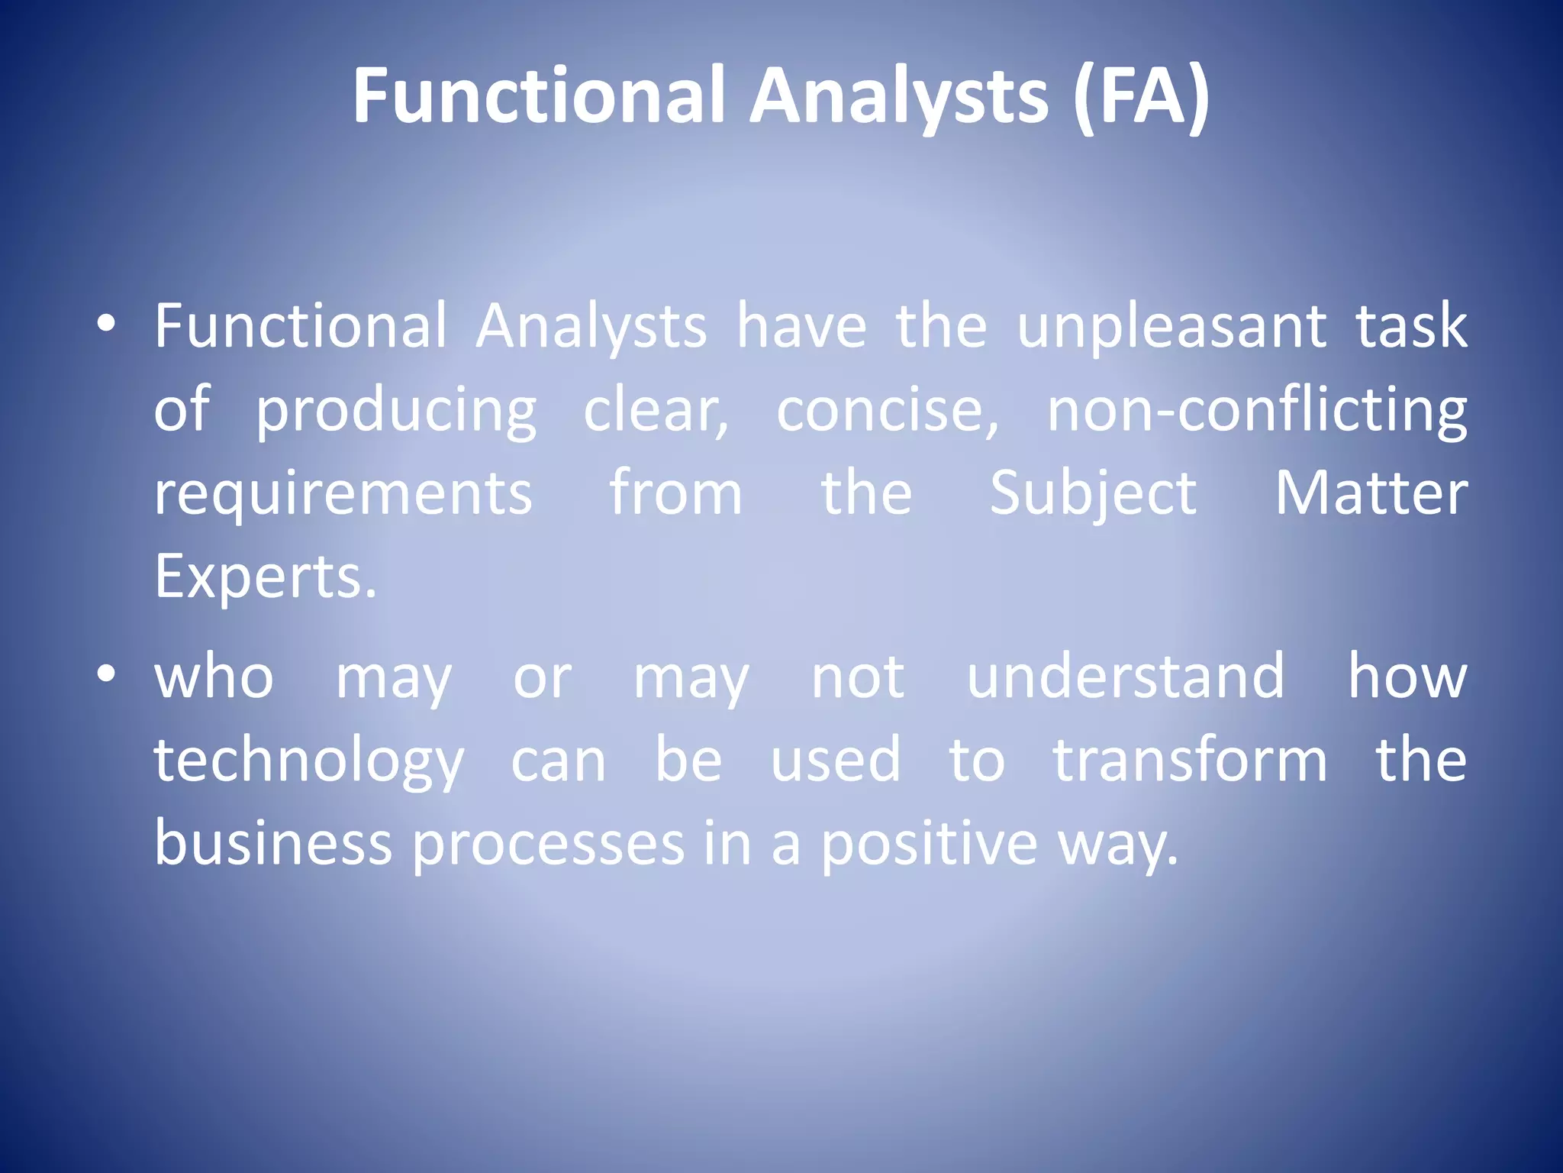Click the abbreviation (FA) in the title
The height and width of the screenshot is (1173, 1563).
[1140, 95]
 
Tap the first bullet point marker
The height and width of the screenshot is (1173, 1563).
[106, 325]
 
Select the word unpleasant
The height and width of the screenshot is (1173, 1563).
[1172, 327]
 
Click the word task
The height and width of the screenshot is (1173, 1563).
[1411, 327]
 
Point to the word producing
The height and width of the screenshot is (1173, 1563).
[395, 412]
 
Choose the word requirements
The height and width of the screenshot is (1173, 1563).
[343, 494]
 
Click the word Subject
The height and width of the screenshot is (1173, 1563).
[1093, 494]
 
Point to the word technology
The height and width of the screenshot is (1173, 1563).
[308, 761]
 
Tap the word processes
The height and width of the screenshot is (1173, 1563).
[549, 845]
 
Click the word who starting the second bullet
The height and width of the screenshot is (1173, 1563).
[214, 677]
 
